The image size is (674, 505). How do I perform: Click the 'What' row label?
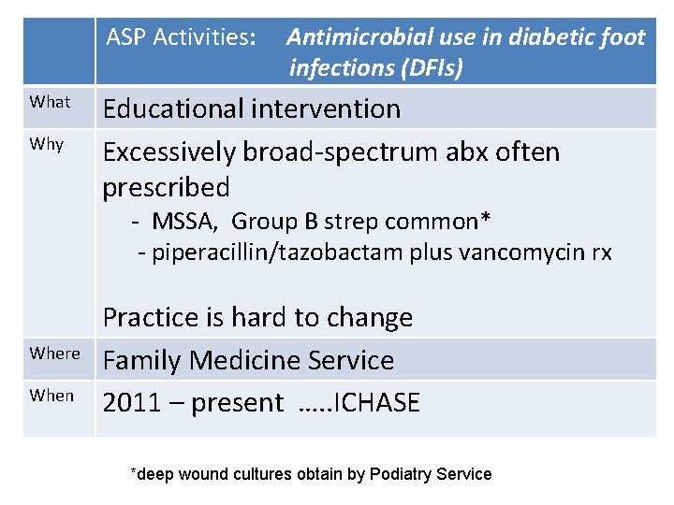(50, 102)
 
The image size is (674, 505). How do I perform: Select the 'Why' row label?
(47, 144)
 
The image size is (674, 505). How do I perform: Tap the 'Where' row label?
(54, 353)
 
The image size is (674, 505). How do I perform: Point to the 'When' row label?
(51, 396)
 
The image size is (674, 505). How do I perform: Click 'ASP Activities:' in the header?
(181, 37)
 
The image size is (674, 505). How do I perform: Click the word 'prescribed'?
(166, 187)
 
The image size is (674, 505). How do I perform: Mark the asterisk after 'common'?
(487, 219)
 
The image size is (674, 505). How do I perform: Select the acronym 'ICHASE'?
(374, 403)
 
